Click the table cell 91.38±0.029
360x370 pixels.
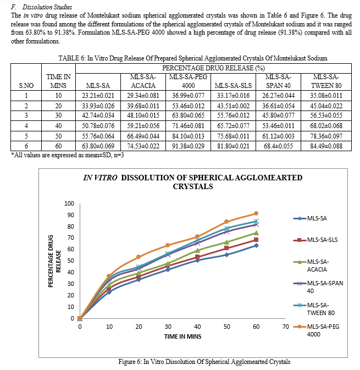point(188,146)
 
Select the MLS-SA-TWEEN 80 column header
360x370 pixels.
point(326,81)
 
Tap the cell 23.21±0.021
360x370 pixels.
point(98,96)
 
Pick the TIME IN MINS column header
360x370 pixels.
point(58,81)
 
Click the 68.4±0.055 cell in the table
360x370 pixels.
point(278,146)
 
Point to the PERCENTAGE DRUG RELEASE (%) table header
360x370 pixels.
point(213,68)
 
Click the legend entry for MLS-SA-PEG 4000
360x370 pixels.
point(317,330)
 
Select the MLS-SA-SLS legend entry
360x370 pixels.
point(315,240)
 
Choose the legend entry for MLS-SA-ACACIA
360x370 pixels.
point(312,266)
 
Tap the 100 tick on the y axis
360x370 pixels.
point(69,203)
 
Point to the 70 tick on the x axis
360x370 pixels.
point(285,327)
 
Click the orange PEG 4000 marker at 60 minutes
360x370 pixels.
point(256,213)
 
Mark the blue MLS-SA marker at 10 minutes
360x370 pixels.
point(109,292)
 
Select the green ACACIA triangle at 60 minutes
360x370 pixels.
point(256,233)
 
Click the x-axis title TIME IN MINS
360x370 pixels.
point(183,336)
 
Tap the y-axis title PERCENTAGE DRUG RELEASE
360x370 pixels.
point(54,261)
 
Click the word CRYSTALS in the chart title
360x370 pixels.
point(193,186)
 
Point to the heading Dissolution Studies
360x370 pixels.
point(47,7)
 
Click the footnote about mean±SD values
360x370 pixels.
point(68,155)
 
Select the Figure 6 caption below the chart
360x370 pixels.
point(204,362)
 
